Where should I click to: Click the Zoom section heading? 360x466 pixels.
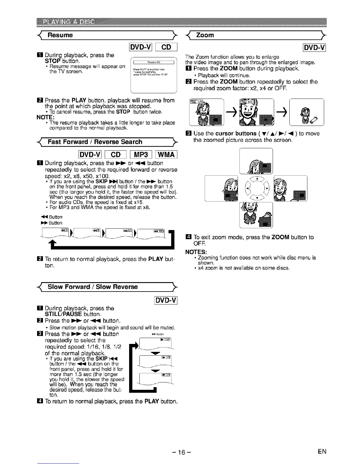click(x=205, y=35)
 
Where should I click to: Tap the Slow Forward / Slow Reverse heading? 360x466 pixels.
click(x=92, y=287)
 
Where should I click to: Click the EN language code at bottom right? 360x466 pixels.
click(x=322, y=452)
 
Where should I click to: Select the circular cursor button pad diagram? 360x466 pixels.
click(x=257, y=188)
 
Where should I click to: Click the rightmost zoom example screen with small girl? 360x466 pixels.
click(x=306, y=112)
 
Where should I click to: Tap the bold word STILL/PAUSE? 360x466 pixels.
click(x=63, y=314)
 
